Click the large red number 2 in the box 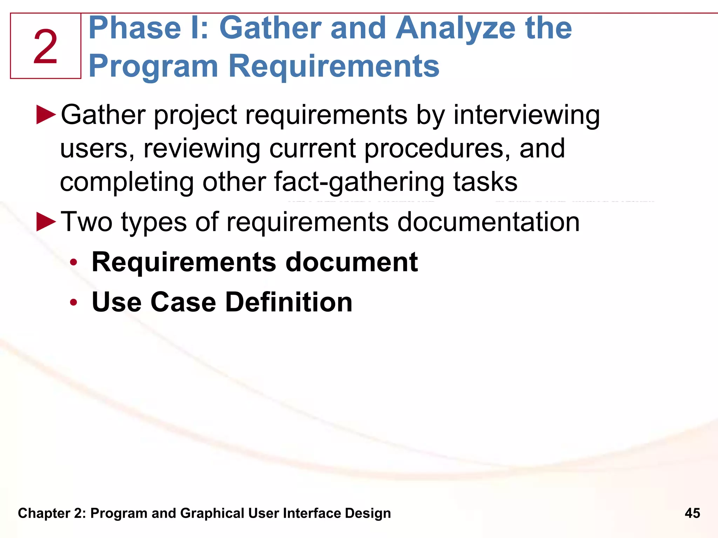[46, 47]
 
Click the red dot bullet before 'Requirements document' [73, 262]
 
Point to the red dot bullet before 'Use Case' [73, 302]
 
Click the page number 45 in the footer [692, 513]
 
